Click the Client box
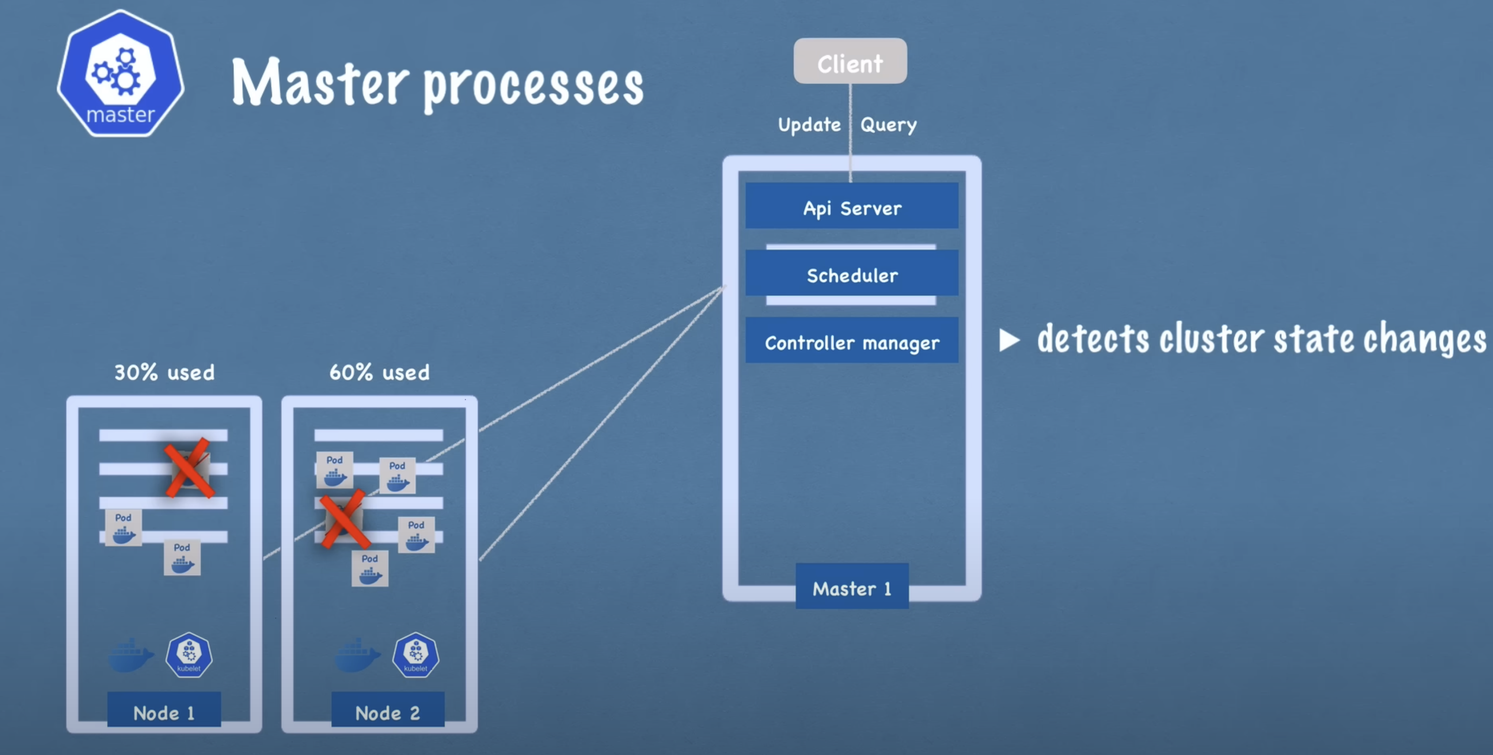(x=850, y=61)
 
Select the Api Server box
(x=851, y=206)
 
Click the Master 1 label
(x=851, y=587)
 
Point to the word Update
(x=809, y=125)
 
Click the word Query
(x=888, y=125)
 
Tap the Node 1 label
(x=164, y=711)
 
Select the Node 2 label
(x=388, y=711)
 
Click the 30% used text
(x=164, y=372)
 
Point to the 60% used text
(x=380, y=372)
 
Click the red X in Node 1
(x=189, y=468)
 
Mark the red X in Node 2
(x=344, y=519)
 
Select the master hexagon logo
(x=121, y=73)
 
